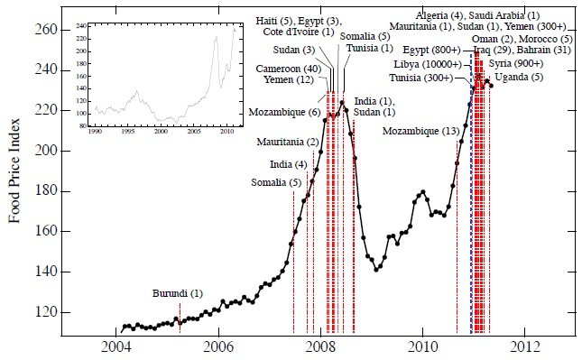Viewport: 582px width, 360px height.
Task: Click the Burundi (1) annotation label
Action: click(x=178, y=294)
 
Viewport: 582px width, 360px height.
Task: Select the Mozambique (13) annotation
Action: click(x=421, y=132)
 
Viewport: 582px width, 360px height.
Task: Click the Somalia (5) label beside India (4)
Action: click(x=276, y=183)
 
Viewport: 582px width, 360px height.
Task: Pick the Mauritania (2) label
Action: click(x=287, y=143)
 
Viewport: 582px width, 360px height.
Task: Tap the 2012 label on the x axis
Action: click(x=525, y=347)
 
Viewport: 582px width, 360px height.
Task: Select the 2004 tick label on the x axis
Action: click(x=116, y=347)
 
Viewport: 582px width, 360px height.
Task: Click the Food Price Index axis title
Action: click(x=15, y=171)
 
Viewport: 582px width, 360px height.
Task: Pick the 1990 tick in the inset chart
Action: click(x=97, y=132)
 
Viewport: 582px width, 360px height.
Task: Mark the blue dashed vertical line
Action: click(x=472, y=208)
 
